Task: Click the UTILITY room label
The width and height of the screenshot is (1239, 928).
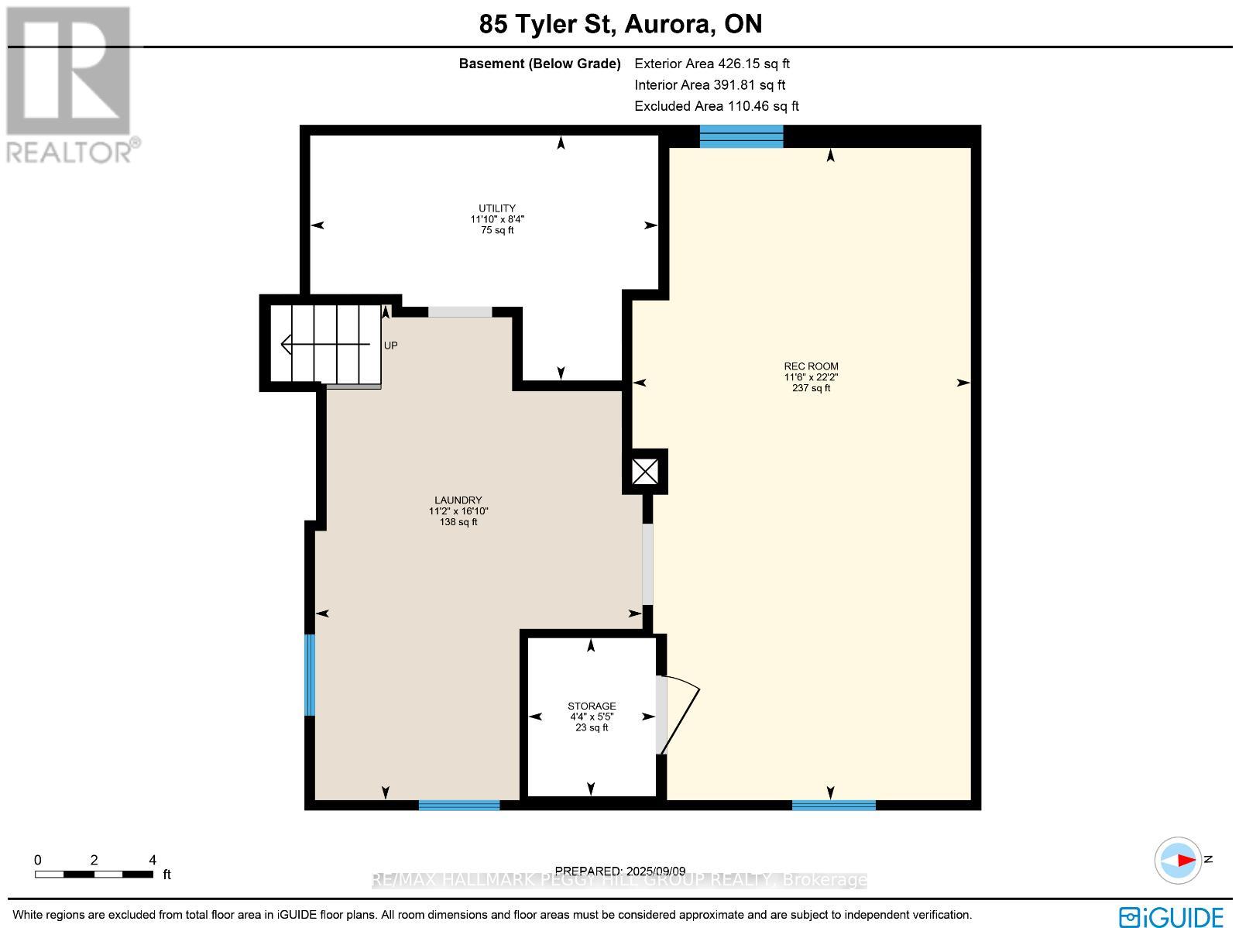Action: coord(496,208)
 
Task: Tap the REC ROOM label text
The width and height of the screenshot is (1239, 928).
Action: coord(811,366)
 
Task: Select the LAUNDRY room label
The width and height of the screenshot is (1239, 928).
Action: coord(458,500)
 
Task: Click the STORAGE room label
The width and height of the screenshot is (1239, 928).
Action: coord(592,706)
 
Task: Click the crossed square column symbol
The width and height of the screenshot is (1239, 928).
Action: coord(645,472)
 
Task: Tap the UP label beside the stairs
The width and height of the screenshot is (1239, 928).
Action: coord(391,345)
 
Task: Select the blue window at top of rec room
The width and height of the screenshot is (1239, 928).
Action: coord(741,136)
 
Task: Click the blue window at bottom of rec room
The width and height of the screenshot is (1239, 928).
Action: coord(833,806)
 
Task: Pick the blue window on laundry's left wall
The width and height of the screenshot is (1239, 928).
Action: coord(310,675)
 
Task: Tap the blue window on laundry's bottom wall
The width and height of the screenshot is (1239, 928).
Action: coord(459,806)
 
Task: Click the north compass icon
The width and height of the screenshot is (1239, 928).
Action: coord(1179,860)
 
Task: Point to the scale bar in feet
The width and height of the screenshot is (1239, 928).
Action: coord(94,874)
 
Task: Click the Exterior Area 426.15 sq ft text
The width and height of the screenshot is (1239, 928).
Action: coord(712,64)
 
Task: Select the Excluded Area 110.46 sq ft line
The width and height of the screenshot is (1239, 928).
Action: coord(716,106)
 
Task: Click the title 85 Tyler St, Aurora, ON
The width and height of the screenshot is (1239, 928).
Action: coord(620,24)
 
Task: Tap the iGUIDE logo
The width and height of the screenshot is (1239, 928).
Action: coord(1172,917)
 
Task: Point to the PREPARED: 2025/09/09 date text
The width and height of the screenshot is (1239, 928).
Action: coord(620,871)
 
